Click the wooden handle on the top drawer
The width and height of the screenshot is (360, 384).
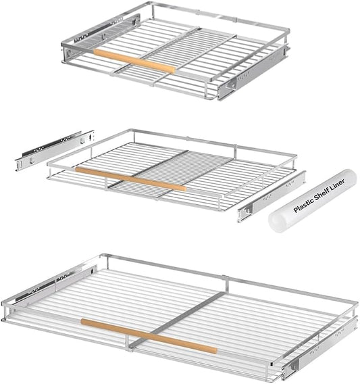[135, 62]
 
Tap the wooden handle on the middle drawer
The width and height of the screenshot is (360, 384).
[131, 178]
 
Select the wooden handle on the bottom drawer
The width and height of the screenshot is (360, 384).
[149, 336]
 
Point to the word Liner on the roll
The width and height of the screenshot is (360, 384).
[338, 185]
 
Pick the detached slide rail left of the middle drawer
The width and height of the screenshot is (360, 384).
[55, 150]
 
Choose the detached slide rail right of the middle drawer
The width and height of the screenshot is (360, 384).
[272, 197]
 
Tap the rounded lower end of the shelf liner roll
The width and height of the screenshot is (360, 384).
[276, 222]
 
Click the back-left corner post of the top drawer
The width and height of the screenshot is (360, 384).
[153, 11]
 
